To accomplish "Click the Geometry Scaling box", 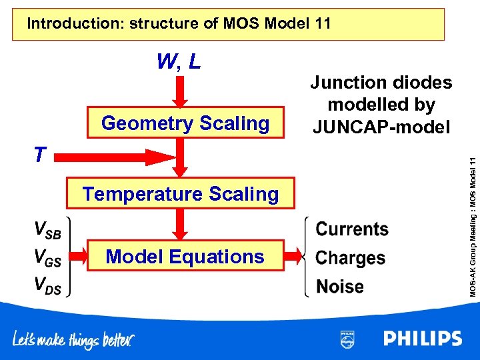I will (x=185, y=123).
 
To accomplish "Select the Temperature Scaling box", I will (x=180, y=194).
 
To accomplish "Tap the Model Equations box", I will (x=185, y=257).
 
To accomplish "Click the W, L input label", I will (x=179, y=62).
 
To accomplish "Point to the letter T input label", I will (x=41, y=155).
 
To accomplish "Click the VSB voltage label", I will (x=47, y=230).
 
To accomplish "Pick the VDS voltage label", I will (x=47, y=285).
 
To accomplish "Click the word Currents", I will (x=352, y=229).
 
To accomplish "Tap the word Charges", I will (x=351, y=258).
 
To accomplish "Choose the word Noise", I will (x=340, y=287).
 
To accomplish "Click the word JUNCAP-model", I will (x=381, y=126).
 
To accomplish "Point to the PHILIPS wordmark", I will (x=422, y=339).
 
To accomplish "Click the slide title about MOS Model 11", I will (x=179, y=24).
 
